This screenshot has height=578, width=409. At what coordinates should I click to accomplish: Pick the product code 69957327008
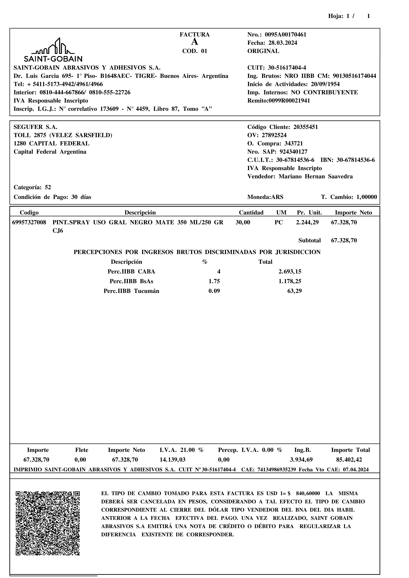[x=29, y=223]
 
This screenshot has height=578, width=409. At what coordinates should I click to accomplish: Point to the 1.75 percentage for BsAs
[x=214, y=281]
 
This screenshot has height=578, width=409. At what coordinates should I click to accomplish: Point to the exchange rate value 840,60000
[x=308, y=493]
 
